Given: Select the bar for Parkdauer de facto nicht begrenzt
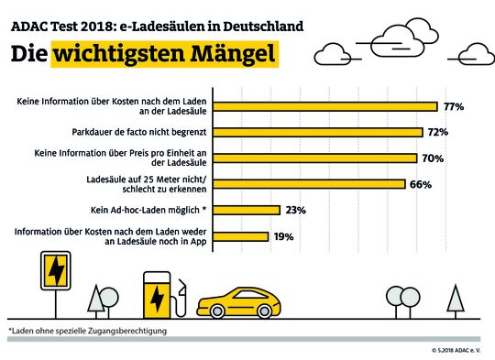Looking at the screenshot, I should (x=322, y=132).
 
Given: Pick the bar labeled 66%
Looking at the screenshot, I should (x=312, y=184).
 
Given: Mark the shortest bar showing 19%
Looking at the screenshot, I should (x=242, y=235).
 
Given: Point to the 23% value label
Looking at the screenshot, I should (x=296, y=210).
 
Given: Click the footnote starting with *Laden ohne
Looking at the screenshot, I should (x=87, y=330).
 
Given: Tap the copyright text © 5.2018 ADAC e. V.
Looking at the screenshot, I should (x=459, y=350).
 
